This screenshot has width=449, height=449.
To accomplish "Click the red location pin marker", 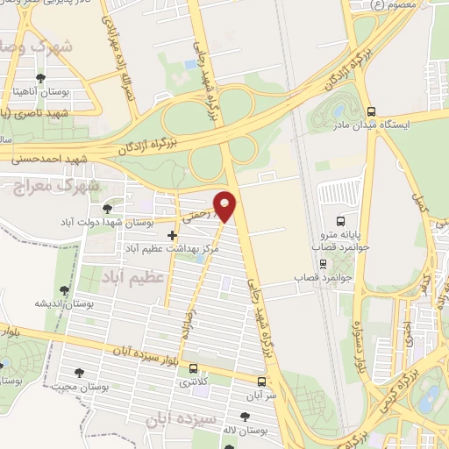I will pos(225,206).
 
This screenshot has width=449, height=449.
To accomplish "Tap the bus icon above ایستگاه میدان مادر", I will pos(372,112).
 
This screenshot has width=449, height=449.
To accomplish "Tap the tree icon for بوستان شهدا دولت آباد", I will pos(107,208).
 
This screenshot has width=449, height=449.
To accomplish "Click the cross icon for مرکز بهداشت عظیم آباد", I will pos(172,235).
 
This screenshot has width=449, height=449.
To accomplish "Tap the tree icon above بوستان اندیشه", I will pos(63,289).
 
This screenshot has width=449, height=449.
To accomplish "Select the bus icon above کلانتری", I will pos(193,368).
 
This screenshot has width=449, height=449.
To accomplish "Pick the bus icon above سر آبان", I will pos(261,381).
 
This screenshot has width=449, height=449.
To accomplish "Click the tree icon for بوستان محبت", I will pos(79,373).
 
